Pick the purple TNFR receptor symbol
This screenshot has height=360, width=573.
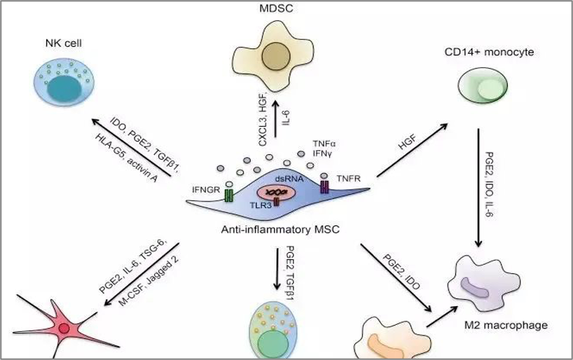click(x=324, y=186)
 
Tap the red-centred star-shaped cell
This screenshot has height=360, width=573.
click(x=62, y=328)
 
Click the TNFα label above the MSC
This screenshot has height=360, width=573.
click(x=323, y=141)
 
